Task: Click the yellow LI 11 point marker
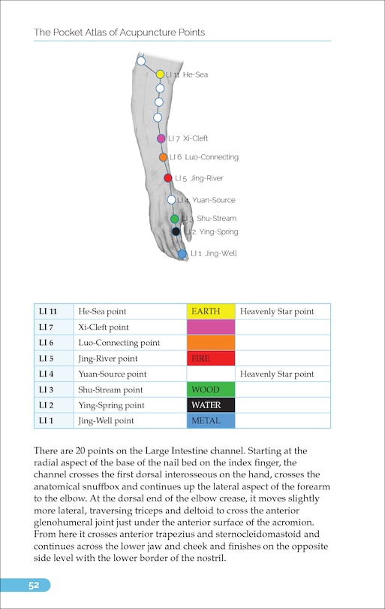[x=160, y=74]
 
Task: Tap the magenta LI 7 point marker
[x=161, y=138]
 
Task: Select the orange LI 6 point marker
[x=163, y=157]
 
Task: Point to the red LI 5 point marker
[x=168, y=178]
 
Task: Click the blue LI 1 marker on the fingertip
[x=182, y=254]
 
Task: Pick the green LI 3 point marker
[x=174, y=219]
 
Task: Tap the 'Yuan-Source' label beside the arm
[x=214, y=200]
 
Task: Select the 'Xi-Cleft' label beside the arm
[x=196, y=138]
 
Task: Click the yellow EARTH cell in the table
[x=211, y=311]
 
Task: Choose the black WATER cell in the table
[x=211, y=405]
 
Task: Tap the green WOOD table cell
[x=211, y=390]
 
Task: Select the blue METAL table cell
[x=211, y=421]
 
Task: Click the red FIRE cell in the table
[x=211, y=359]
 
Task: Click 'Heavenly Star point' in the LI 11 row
[x=277, y=311]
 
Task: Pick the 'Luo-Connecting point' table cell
[x=119, y=343]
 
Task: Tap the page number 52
[x=35, y=586]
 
